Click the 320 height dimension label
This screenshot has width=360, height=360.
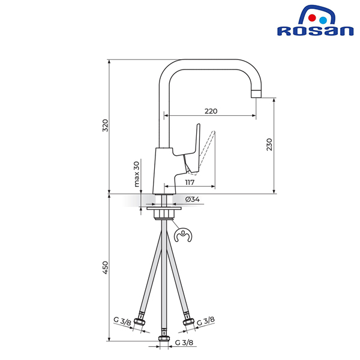pos(105,125)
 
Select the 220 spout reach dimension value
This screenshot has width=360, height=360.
pos(211,111)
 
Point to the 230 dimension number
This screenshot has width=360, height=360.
pos(269,145)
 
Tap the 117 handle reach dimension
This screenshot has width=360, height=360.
pos(190,182)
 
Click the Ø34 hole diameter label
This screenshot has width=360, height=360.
pos(193,199)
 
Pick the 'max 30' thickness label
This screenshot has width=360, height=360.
pos(137,174)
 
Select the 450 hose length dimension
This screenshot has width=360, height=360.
pos(105,268)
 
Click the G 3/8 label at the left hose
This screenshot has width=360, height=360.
pos(122,321)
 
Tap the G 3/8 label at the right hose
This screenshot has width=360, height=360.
pos(206,321)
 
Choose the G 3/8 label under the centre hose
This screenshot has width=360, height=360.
pos(184,343)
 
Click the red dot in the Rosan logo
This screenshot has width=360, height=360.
pos(312,18)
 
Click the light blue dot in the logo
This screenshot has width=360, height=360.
pos(323,20)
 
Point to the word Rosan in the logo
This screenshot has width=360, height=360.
pos(315,31)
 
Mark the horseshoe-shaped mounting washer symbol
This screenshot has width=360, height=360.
pos(183,235)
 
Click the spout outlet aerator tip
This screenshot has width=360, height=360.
pos(256,94)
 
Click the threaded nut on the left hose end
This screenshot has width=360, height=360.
pos(139,321)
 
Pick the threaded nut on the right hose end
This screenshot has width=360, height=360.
pos(189,322)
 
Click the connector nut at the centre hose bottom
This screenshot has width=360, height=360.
pos(164,338)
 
